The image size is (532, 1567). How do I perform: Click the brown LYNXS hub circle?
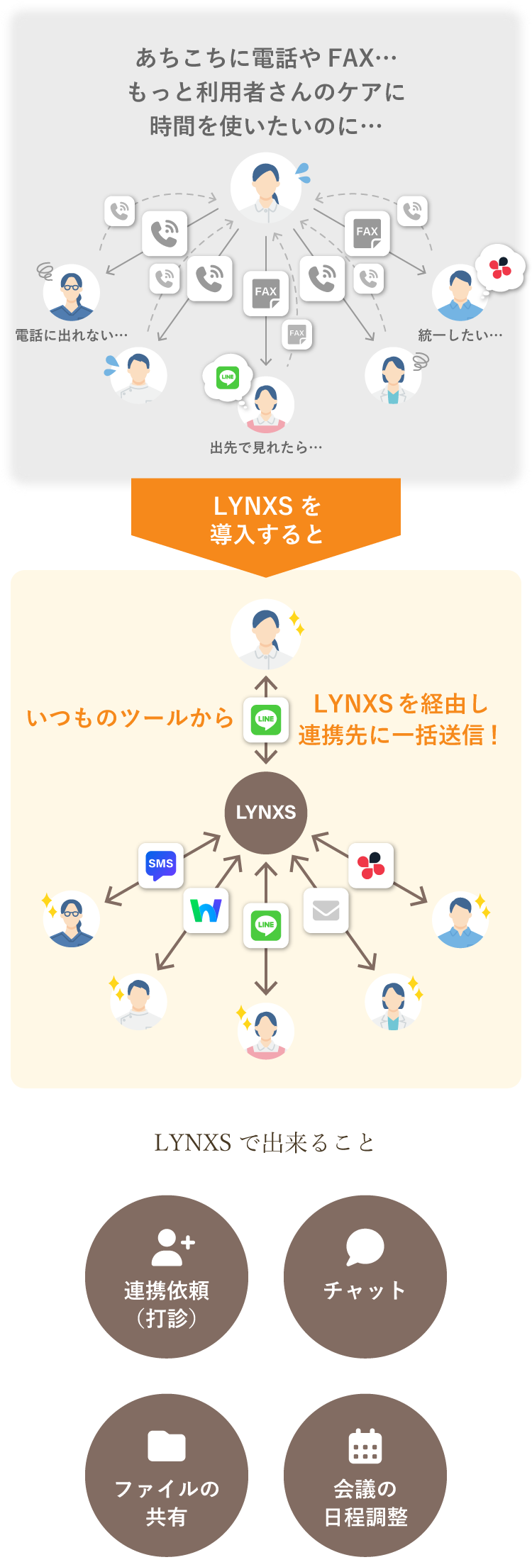coord(266,813)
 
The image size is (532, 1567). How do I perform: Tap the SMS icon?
coord(161,865)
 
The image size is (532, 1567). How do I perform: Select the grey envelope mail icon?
coord(326,910)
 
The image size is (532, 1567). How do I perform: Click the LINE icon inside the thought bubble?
coord(228,377)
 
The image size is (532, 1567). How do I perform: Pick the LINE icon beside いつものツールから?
coord(266,720)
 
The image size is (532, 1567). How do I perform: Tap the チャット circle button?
coord(365,1276)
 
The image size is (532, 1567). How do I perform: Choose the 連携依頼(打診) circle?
coord(167,1276)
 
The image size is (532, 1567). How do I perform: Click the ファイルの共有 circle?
coord(167,1475)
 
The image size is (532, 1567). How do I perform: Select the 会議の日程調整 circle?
coord(365,1475)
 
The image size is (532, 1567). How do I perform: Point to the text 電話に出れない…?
coord(72,335)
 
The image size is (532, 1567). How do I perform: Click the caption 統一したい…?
coord(460,335)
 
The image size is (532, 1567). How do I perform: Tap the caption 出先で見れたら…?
coord(266,447)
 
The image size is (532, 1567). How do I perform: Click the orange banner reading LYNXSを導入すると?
coord(266,520)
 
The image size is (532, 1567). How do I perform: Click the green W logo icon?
coord(206,910)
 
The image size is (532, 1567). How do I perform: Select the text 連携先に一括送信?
coord(399,735)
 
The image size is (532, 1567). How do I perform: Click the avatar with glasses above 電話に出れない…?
coord(72,292)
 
